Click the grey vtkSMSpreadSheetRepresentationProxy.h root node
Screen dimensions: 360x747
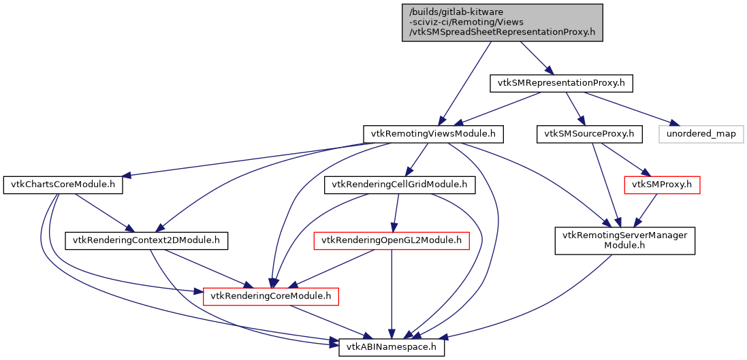pyautogui.click(x=503, y=22)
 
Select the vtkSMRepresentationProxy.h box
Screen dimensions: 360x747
pyautogui.click(x=562, y=83)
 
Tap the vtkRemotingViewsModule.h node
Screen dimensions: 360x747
pyautogui.click(x=433, y=134)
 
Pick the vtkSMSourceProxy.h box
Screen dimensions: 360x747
pyautogui.click(x=590, y=134)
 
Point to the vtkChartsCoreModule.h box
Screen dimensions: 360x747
pyautogui.click(x=63, y=185)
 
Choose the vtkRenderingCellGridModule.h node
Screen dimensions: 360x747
pyautogui.click(x=398, y=184)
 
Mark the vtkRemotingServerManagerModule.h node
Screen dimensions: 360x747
pyautogui.click(x=624, y=241)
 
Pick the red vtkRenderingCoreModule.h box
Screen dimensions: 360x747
pyautogui.click(x=271, y=296)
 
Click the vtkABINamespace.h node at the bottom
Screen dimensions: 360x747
pyautogui.click(x=392, y=347)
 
